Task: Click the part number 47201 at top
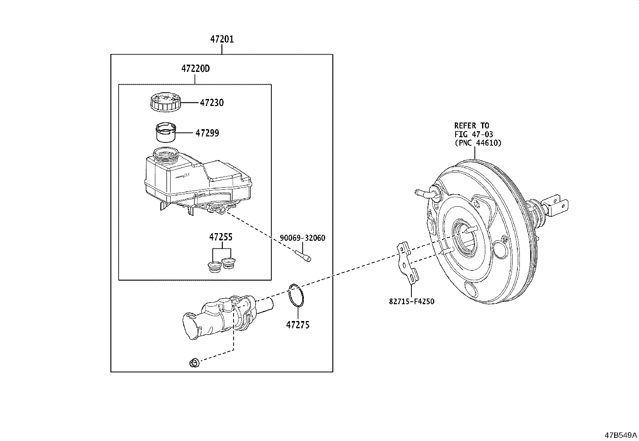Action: pos(222,39)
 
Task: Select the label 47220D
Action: pos(195,69)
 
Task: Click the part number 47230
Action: pos(212,103)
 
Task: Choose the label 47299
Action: pos(207,133)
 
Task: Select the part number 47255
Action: pos(220,237)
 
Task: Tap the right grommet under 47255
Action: pos(229,263)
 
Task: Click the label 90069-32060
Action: pos(302,238)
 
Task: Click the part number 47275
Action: pos(297,325)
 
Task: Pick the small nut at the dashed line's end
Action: pos(194,363)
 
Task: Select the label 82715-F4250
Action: pos(411,301)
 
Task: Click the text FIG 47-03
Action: pos(474,134)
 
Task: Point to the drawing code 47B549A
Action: pos(621,435)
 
